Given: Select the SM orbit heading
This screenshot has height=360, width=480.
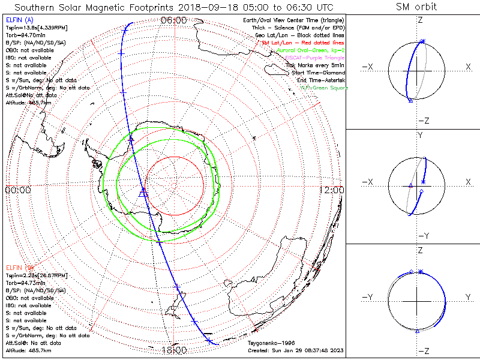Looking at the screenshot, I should [416, 7].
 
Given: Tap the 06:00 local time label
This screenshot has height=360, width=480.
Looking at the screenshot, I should [174, 20].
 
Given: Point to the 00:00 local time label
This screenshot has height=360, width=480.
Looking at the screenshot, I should [17, 190].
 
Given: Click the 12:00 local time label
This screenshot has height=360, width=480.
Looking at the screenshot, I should [332, 190].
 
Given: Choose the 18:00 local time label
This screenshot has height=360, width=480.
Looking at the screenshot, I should [174, 350].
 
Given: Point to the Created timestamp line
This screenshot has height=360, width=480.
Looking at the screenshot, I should [295, 350].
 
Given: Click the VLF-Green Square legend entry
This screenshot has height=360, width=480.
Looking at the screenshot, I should [325, 88].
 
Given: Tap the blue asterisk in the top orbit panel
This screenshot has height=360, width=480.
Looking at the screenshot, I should [422, 41].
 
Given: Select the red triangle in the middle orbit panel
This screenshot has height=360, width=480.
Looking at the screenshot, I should [410, 186].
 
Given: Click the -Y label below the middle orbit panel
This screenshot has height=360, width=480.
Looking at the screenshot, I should [424, 235].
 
